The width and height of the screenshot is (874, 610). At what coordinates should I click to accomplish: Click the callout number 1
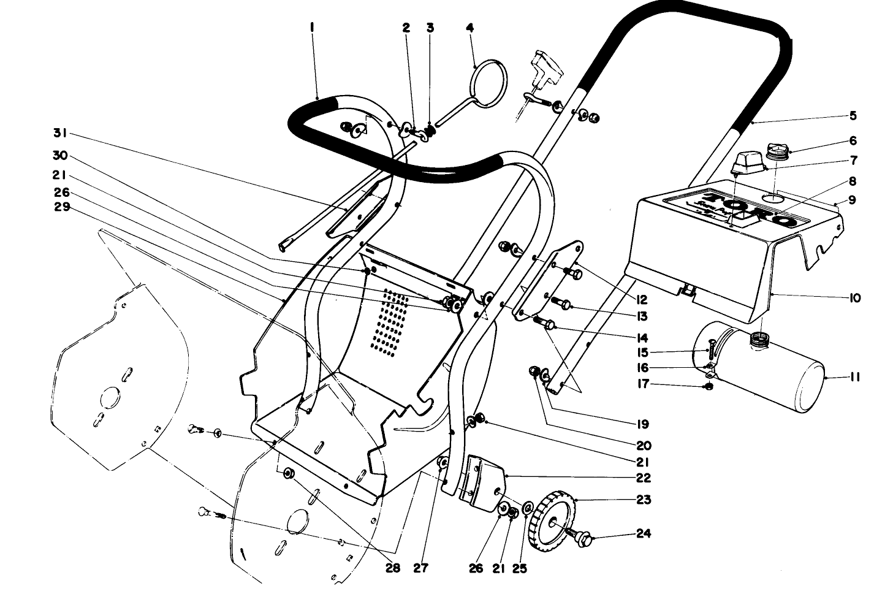312,28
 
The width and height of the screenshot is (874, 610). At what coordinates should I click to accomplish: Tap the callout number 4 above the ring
470,28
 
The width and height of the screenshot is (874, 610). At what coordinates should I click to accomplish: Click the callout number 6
853,140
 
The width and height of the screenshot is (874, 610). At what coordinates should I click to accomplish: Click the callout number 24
642,533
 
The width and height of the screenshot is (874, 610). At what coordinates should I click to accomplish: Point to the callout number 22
642,478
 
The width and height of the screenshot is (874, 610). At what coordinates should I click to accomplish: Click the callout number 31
59,133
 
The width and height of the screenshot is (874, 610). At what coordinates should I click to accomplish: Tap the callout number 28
392,568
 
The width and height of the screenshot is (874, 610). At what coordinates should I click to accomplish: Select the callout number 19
642,424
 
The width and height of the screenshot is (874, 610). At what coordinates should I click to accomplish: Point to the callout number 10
854,299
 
